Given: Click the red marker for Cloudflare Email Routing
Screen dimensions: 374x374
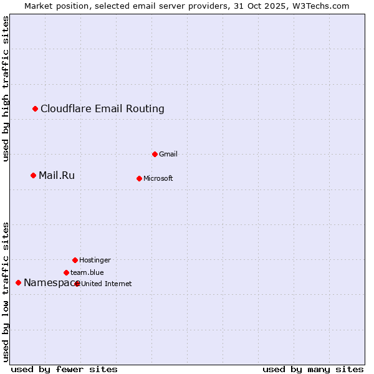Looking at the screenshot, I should click(x=36, y=109).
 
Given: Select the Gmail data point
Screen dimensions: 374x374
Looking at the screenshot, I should click(x=155, y=154).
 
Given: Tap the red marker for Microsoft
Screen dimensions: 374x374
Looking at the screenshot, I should click(x=139, y=178).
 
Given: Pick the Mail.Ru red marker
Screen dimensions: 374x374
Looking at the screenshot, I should click(x=34, y=175).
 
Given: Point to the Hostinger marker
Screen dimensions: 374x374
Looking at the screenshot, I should click(x=75, y=260).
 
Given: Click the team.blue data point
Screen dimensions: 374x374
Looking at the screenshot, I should click(x=66, y=272).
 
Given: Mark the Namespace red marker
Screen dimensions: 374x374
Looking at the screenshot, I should click(x=19, y=282).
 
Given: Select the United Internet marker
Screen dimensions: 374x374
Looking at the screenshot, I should click(x=77, y=284).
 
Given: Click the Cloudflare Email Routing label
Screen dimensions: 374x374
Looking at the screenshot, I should click(x=102, y=109).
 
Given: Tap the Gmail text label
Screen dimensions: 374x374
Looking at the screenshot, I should click(x=168, y=154).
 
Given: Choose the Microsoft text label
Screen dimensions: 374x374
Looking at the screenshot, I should click(x=158, y=178).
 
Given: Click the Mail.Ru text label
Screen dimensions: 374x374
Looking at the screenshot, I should click(x=57, y=175).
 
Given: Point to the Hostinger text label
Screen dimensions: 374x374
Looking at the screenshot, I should click(x=95, y=260).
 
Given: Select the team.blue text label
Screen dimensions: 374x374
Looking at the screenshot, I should click(x=87, y=272).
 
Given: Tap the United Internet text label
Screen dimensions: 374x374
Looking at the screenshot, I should click(x=107, y=284).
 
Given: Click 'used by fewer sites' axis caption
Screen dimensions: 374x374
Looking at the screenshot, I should click(x=64, y=369).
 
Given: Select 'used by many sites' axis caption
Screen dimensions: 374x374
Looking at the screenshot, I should click(x=313, y=369).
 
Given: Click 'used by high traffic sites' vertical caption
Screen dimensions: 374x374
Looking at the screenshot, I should click(x=6, y=89).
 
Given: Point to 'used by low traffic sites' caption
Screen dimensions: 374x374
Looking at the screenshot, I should click(x=6, y=292).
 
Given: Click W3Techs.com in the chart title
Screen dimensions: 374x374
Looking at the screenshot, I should click(x=321, y=6).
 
